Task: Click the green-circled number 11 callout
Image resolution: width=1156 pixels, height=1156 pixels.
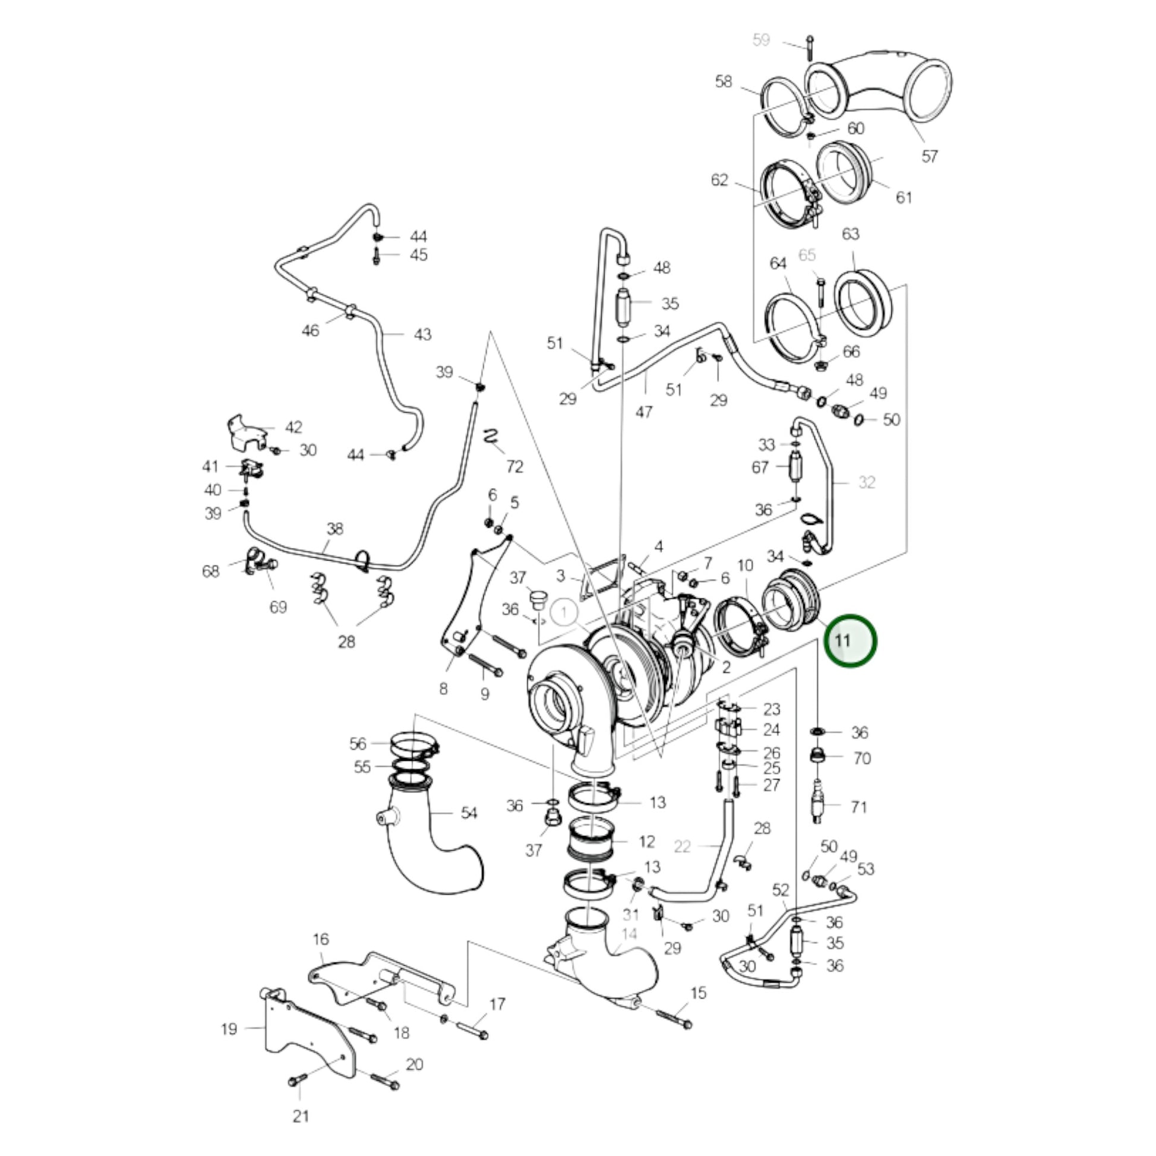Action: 849,641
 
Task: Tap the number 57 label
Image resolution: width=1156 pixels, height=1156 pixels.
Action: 929,156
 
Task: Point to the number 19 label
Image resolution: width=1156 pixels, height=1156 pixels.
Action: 229,1028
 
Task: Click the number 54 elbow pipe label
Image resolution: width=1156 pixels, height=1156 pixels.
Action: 469,813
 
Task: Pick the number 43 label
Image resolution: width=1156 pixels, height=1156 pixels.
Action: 422,334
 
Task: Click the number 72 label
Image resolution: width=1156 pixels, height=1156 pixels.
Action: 514,466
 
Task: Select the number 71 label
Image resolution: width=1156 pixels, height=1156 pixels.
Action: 858,807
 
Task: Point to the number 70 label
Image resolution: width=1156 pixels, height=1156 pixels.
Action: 861,758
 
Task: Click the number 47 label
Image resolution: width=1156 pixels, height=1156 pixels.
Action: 643,412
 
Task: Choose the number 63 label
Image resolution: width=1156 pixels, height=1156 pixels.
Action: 850,234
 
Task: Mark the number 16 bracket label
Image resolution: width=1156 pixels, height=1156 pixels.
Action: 321,939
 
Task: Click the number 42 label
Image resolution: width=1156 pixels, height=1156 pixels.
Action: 293,427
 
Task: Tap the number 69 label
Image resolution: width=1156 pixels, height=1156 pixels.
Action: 278,607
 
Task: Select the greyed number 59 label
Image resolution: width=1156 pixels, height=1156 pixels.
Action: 760,40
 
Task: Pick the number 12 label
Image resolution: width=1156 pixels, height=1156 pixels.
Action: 647,842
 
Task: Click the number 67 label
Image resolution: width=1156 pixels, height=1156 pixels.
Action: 760,468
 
